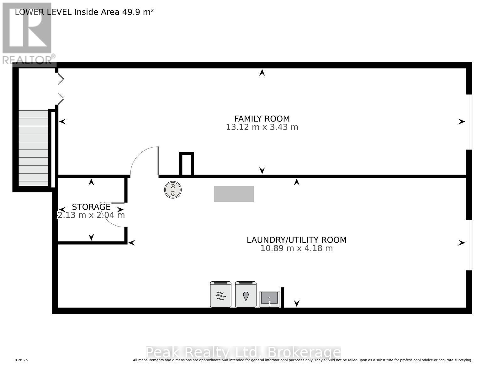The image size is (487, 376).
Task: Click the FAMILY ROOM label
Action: click(262, 119)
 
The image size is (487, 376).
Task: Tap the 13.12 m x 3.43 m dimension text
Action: click(262, 127)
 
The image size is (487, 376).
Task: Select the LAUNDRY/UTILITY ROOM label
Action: click(296, 240)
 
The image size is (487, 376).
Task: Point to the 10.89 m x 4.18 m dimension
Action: click(296, 248)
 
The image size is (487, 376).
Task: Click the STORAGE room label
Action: click(91, 207)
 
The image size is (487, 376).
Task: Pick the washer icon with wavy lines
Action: click(220, 295)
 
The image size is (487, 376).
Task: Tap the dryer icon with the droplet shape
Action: click(246, 295)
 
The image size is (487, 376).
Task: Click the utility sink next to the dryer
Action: click(269, 299)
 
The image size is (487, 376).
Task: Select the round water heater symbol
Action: click(173, 190)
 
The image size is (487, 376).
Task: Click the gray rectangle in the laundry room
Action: click(234, 194)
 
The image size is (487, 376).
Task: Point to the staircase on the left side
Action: click(33, 147)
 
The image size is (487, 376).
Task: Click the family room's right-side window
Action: click(469, 122)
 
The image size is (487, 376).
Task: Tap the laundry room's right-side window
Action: click(469, 245)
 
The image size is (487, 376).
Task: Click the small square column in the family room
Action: click(186, 164)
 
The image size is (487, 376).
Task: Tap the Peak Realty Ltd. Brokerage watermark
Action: click(243, 353)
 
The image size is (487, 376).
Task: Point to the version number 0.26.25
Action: click(21, 360)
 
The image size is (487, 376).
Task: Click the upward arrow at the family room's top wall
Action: click(262, 73)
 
